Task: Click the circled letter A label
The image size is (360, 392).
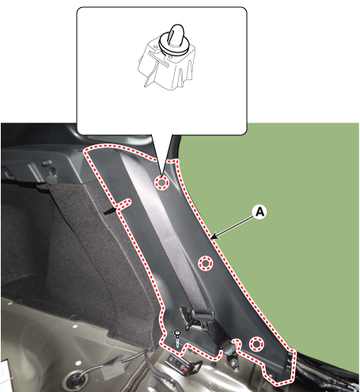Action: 260,211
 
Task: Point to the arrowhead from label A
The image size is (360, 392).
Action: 214,237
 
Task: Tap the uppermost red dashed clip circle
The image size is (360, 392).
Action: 161,182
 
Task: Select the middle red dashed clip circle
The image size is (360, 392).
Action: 206,263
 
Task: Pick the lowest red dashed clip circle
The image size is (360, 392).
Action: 256,344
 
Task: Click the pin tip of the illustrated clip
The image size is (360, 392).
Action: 177,29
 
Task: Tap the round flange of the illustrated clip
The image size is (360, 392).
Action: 173,45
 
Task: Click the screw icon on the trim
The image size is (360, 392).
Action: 177,339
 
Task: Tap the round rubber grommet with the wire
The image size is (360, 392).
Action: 77,379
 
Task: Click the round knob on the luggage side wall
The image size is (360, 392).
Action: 51,178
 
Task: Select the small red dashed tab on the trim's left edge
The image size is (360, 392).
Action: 123,204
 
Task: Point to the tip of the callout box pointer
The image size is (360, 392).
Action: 161,175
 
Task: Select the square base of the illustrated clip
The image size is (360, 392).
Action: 168,65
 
